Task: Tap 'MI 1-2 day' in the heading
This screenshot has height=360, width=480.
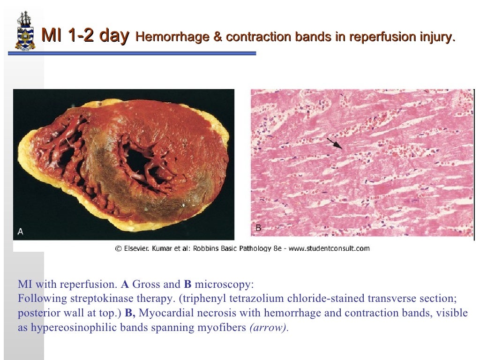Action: [85, 36]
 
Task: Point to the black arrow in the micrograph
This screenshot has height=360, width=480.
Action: [335, 143]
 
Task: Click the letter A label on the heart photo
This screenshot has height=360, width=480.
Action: [20, 231]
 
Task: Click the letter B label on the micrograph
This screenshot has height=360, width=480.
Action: [258, 228]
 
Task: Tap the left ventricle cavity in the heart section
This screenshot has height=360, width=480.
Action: [139, 162]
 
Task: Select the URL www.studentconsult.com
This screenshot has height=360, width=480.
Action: [329, 248]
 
